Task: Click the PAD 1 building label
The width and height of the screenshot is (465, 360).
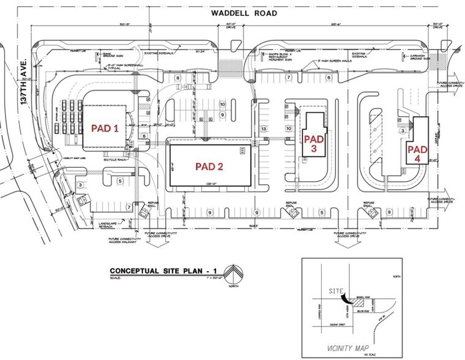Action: pyautogui.click(x=104, y=129)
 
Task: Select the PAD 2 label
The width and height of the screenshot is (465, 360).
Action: pyautogui.click(x=209, y=166)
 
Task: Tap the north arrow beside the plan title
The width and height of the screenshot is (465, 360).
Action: pyautogui.click(x=232, y=272)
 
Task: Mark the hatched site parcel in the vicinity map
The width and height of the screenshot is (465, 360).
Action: pyautogui.click(x=357, y=302)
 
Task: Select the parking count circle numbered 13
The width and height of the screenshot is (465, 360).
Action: pyautogui.click(x=264, y=129)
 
